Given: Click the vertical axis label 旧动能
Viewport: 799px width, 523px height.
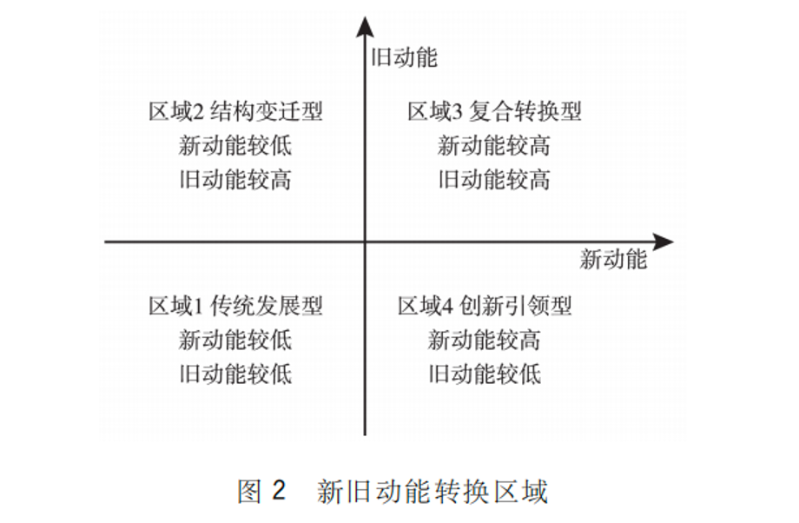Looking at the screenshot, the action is click(x=404, y=57).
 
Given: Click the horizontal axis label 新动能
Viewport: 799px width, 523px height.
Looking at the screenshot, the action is click(x=613, y=259).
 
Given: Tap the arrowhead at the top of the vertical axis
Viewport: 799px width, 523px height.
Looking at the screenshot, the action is click(x=365, y=27).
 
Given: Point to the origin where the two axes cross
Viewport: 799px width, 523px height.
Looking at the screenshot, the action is click(x=365, y=242).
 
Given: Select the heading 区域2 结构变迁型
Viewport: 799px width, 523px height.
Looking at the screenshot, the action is click(x=235, y=111).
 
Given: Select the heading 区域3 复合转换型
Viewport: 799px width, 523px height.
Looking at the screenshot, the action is click(x=494, y=111).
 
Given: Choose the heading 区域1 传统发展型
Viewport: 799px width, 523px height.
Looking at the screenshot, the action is click(x=235, y=306).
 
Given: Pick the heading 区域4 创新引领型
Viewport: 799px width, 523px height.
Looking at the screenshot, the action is click(x=484, y=306).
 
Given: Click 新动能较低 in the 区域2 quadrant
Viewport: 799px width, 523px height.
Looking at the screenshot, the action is click(x=234, y=146).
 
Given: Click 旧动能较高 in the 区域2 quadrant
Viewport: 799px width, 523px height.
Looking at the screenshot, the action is click(x=234, y=180).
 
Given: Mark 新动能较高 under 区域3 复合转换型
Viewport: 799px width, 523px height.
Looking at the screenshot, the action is click(x=494, y=146).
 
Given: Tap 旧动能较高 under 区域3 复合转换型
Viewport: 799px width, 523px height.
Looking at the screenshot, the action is click(x=494, y=180).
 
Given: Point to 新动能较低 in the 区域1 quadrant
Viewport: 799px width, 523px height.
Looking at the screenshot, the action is click(x=234, y=340).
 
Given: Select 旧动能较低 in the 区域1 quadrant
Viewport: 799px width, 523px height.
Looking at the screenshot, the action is click(x=234, y=374).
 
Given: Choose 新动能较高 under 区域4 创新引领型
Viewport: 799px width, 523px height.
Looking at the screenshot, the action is click(x=484, y=340).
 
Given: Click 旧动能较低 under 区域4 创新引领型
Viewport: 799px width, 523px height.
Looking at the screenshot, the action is click(x=484, y=374).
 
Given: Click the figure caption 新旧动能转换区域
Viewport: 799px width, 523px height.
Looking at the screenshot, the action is click(x=433, y=492).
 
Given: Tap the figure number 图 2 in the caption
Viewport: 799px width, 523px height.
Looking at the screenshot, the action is click(x=261, y=492).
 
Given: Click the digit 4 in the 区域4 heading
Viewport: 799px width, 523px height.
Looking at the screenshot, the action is click(x=447, y=307).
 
